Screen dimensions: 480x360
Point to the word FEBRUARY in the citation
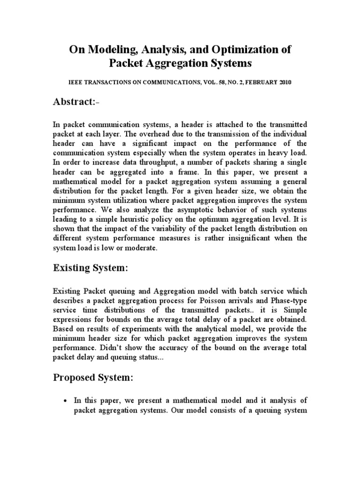click(260, 82)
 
